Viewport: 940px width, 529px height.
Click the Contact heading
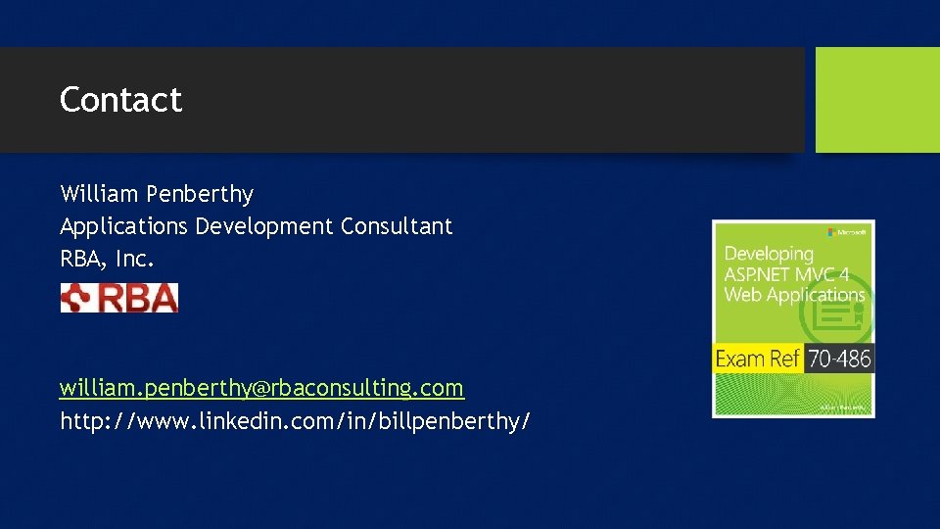[x=120, y=100]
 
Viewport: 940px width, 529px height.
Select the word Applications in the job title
[x=123, y=227]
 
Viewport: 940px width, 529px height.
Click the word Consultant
[x=397, y=226]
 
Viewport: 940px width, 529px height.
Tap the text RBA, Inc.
[x=108, y=260]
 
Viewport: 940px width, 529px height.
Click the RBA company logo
[x=119, y=298]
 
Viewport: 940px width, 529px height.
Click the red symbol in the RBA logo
[x=76, y=298]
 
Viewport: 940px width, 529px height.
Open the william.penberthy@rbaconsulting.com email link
[x=261, y=388]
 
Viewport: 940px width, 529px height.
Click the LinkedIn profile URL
[x=296, y=422]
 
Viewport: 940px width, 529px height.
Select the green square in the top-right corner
[x=877, y=100]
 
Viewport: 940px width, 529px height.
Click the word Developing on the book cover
[x=769, y=255]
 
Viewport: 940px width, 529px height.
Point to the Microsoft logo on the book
[x=847, y=232]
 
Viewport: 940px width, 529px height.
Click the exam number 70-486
[x=839, y=359]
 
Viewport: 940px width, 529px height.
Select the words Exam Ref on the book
[x=758, y=359]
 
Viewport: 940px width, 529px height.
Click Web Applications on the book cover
[x=794, y=294]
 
